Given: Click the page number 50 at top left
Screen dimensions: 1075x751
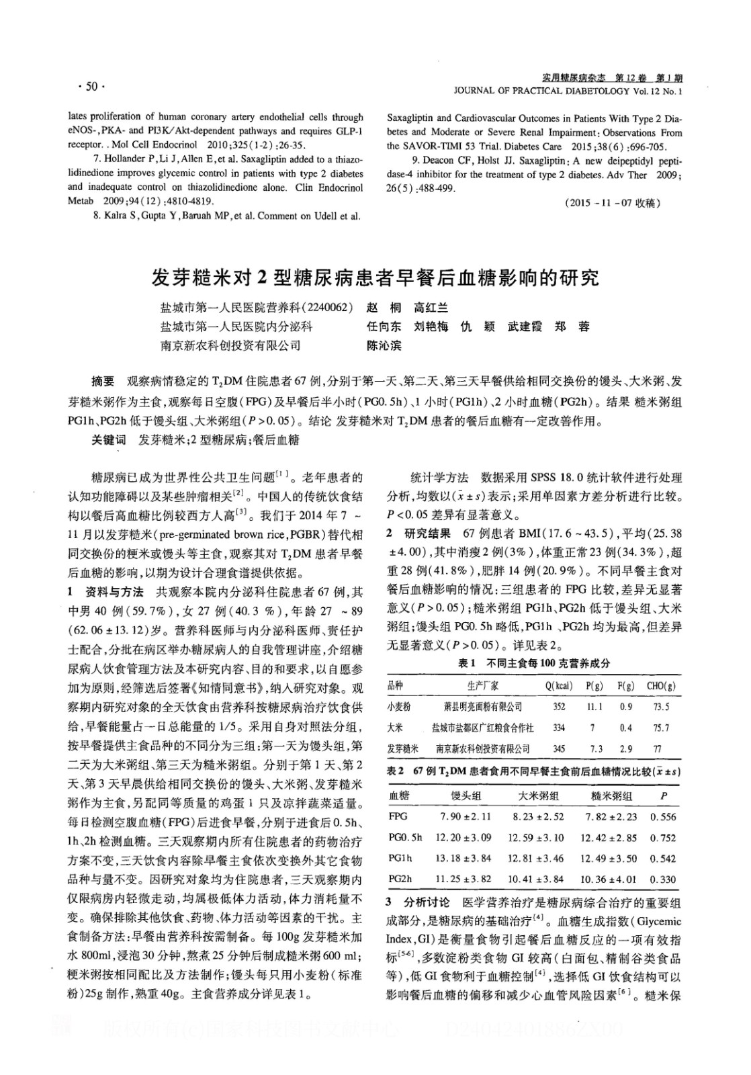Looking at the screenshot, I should pos(87,86).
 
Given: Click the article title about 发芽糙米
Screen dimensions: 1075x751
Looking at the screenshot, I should pos(375,277).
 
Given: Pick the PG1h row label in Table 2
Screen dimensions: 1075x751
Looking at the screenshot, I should pos(401,858).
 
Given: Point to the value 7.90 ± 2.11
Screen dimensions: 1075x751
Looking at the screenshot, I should pos(465,817).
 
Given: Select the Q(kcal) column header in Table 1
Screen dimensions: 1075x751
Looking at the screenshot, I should pos(558,686).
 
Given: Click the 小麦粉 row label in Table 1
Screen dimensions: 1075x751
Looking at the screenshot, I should pos(399,707).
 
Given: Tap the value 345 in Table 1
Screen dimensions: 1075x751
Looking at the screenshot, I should pos(558,748).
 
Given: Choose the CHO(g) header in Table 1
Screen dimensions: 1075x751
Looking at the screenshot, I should pos(661,686).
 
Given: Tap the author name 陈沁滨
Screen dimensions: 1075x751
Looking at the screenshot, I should pos(384,346).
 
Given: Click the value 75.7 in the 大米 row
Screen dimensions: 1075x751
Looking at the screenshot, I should pos(661,728).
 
